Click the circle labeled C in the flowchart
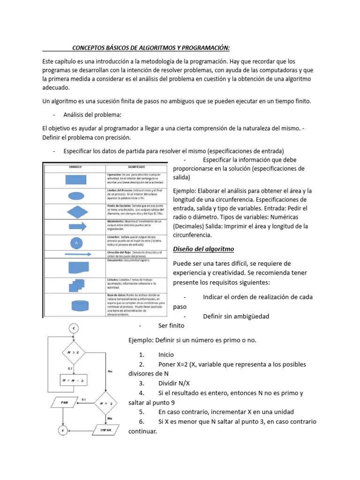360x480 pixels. tap(74, 329)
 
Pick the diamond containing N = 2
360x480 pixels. tap(109, 402)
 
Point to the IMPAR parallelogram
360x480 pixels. tap(109, 429)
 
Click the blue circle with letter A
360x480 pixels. tap(76, 243)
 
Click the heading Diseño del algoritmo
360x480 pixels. tap(203, 248)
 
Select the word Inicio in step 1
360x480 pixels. tap(166, 355)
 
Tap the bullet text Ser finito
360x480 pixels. tap(171, 325)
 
